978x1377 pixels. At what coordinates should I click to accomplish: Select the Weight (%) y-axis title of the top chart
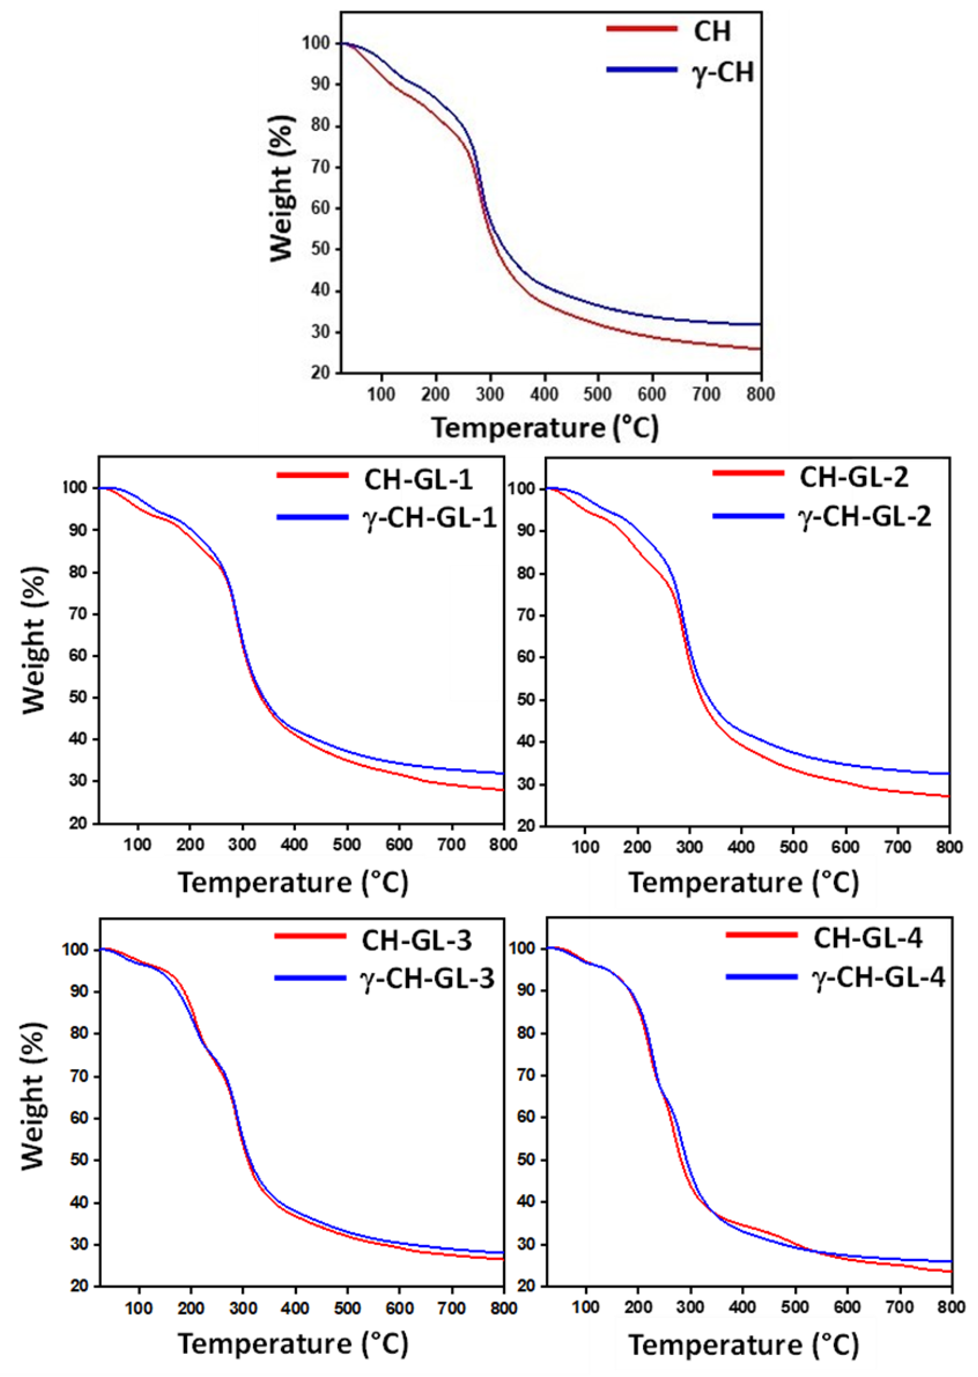(282, 188)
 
